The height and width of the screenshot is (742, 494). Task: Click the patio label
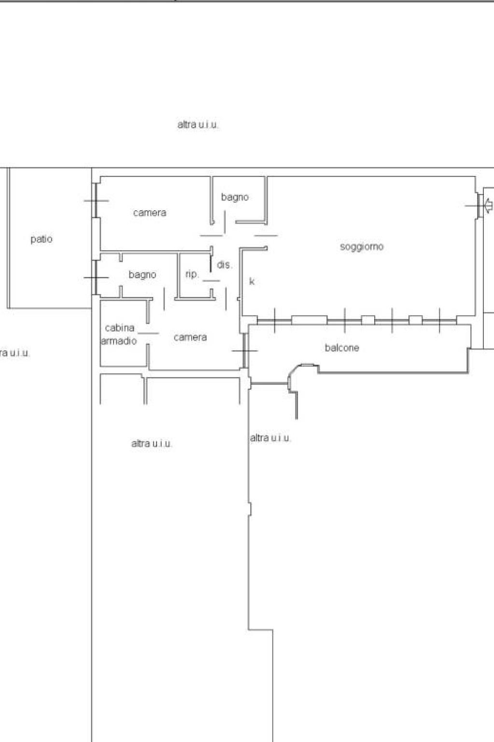tap(42, 239)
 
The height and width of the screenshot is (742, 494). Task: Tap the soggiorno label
tap(362, 247)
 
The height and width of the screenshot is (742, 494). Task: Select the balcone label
tap(342, 348)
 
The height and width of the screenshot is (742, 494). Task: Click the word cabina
tap(119, 328)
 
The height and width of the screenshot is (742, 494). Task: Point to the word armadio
tap(119, 341)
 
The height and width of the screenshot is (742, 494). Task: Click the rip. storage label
tap(192, 274)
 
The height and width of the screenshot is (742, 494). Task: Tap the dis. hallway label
tap(225, 265)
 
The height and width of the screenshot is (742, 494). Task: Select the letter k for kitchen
tap(252, 281)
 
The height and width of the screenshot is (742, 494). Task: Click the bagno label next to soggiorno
tap(235, 197)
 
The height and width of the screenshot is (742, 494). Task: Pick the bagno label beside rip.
tap(142, 275)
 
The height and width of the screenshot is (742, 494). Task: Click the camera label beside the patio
tap(150, 213)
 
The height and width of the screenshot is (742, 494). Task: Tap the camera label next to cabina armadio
tap(190, 337)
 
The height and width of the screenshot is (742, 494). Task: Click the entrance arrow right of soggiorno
tap(488, 205)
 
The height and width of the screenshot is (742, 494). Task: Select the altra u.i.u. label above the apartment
tap(198, 125)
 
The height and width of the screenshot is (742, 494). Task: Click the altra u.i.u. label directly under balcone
tap(270, 438)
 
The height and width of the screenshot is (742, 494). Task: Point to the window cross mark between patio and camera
tap(96, 201)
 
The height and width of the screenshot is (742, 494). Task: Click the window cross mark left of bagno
tap(96, 277)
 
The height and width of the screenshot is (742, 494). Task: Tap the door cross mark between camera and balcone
tap(245, 350)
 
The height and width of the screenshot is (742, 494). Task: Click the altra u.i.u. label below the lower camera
tap(152, 444)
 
